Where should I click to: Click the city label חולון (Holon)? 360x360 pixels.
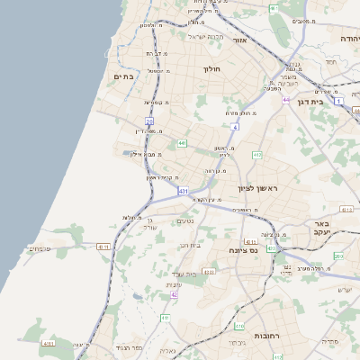tap(212, 69)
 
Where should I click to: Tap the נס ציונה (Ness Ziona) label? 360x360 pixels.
tap(243, 250)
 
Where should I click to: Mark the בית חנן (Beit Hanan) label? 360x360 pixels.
tap(189, 244)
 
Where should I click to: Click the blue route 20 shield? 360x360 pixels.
tap(149, 121)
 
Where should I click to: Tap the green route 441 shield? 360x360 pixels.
tap(182, 143)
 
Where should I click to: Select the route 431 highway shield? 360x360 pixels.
tap(183, 192)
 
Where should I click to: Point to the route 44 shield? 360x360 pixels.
tap(285, 100)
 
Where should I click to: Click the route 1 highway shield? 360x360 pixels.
tap(338, 101)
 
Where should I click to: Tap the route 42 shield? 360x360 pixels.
tap(175, 294)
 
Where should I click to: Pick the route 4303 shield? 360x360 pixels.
tap(210, 271)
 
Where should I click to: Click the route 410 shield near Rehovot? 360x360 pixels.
tap(239, 326)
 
